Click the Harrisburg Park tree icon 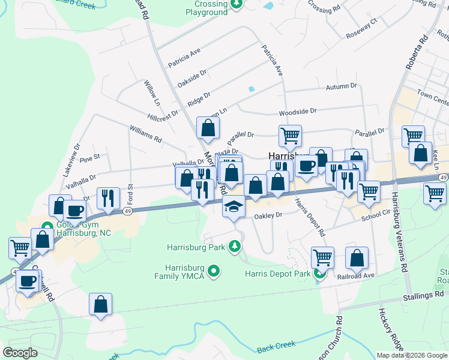[x=235, y=247]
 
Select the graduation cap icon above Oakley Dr [x=234, y=208]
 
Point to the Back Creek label [x=277, y=347]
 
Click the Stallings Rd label [x=426, y=295]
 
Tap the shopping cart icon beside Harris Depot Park [x=323, y=258]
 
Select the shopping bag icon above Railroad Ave [x=357, y=258]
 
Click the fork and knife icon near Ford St [x=108, y=198]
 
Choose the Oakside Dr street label [x=192, y=78]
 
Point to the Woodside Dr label [x=297, y=112]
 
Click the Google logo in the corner [x=20, y=353]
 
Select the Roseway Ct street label [x=362, y=29]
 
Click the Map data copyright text [x=411, y=355]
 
